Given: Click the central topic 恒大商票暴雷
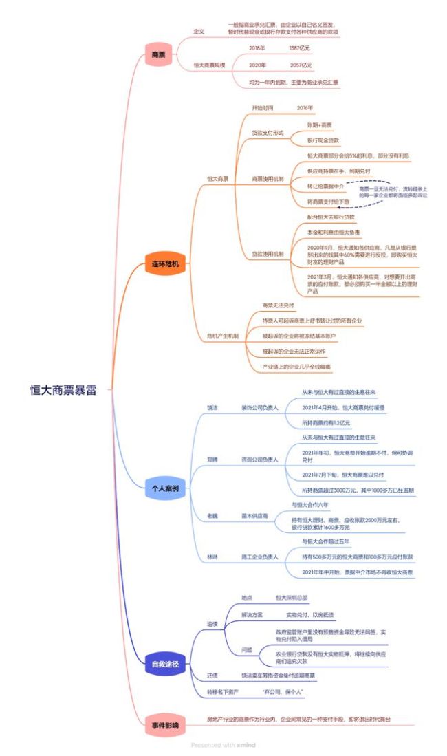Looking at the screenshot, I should point(63,389).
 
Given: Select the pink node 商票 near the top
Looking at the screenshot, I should point(157,54).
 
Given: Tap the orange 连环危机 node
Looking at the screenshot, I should point(165,264).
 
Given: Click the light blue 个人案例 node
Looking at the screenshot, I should point(165,488).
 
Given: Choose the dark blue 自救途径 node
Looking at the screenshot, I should point(165,664).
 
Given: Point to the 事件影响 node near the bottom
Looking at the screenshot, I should point(165,725).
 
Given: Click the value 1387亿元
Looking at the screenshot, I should point(301,48).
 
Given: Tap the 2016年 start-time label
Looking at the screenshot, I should point(305,108).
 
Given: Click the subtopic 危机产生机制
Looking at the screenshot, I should point(223,336).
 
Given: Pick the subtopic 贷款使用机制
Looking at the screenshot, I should point(268,254).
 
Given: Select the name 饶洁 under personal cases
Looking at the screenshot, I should point(212,407).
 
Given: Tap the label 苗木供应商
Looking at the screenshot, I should point(254,515).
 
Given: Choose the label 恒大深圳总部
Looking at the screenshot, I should point(291,598).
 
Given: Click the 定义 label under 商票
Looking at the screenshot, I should point(199,32).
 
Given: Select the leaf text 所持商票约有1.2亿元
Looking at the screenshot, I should point(326,422).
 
